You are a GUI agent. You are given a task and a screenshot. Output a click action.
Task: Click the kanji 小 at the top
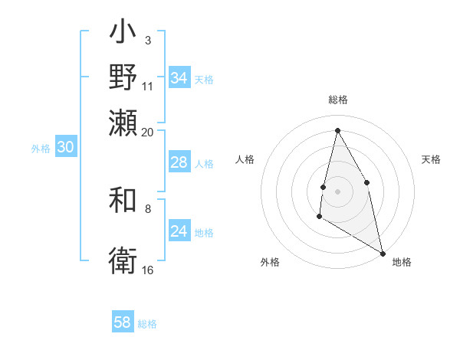[123, 34]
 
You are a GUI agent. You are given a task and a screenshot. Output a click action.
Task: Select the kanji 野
[123, 77]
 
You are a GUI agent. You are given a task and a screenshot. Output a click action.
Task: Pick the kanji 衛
[123, 260]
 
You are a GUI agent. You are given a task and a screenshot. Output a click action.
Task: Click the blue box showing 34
[179, 78]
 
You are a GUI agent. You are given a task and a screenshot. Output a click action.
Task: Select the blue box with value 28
[179, 162]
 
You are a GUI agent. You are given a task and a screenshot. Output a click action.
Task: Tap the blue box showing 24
[179, 231]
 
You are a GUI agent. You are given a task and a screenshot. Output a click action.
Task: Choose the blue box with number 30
[65, 148]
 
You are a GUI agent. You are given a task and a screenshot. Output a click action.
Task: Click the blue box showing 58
[123, 322]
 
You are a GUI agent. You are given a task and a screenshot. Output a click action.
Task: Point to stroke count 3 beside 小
[147, 40]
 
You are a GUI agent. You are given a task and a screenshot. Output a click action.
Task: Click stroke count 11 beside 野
[147, 86]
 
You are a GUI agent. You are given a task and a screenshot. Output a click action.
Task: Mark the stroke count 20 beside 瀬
[147, 132]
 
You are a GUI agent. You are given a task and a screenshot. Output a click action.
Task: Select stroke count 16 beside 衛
[147, 270]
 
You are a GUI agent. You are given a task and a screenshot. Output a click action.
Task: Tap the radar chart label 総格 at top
[337, 100]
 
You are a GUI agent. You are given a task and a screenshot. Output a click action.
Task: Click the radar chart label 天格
[431, 159]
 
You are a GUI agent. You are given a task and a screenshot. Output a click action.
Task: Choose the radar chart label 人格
[245, 159]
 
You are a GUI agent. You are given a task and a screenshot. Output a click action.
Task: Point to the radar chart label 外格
[269, 262]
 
